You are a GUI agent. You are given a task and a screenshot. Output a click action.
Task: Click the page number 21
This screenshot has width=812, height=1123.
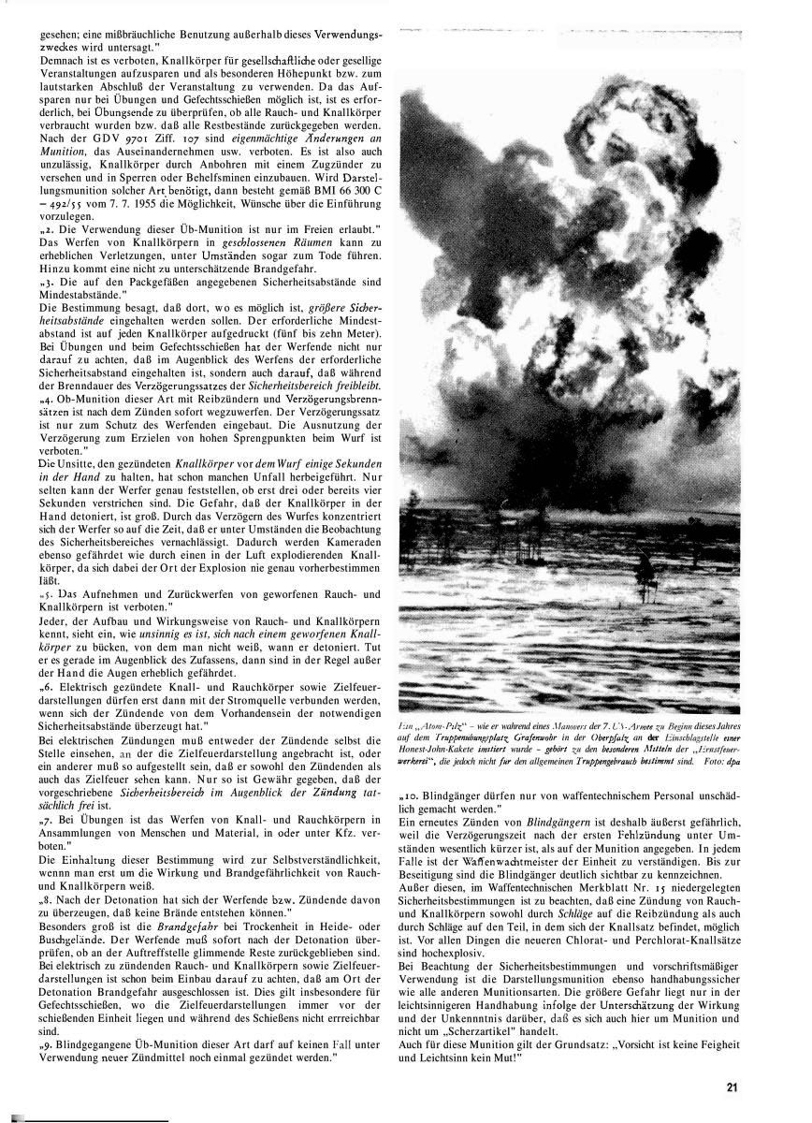(x=732, y=1087)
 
